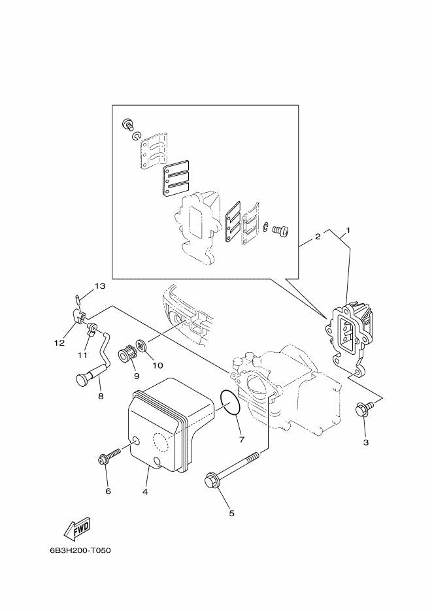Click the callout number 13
point(100,286)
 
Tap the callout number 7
point(242,440)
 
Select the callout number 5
point(232,513)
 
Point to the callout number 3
point(366,442)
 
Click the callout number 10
point(158,365)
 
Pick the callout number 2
point(318,237)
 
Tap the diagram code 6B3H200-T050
point(80,551)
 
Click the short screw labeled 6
point(110,455)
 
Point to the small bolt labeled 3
point(364,410)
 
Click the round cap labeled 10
point(142,345)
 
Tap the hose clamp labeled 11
point(92,329)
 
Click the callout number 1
point(348,231)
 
